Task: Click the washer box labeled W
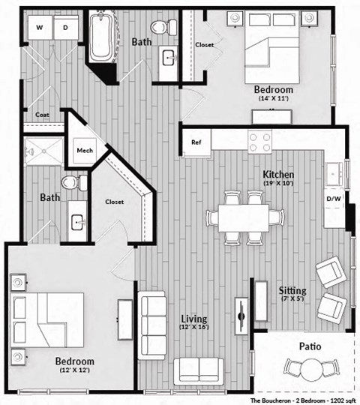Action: click(39, 28)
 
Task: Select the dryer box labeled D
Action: click(65, 28)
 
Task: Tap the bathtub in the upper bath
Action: click(100, 37)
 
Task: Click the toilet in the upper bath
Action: click(161, 28)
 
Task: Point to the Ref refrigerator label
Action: click(196, 142)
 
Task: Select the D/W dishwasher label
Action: click(334, 199)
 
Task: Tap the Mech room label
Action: click(83, 148)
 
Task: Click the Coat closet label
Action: click(42, 115)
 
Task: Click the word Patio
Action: click(310, 346)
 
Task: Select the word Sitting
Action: click(292, 290)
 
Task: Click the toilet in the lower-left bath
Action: click(70, 182)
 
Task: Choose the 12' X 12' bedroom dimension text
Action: click(74, 370)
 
